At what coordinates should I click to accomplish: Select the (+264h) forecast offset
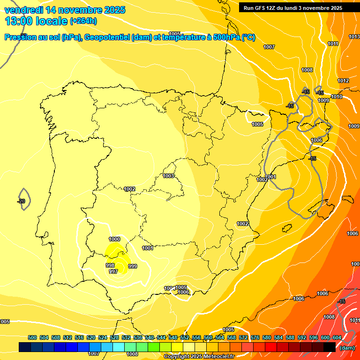coord(83,21)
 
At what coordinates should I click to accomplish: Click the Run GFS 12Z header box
coord(293,7)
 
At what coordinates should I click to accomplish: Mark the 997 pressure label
coord(113,271)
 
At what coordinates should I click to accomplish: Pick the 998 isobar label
coord(110,265)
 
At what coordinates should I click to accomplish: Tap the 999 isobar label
coord(133,266)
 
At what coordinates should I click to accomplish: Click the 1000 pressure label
coord(114,239)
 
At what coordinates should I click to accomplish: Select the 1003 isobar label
coord(168,176)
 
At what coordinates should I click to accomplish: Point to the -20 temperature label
coord(21,201)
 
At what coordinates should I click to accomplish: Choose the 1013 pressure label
coord(354,37)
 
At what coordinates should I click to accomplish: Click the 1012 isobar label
coord(343,81)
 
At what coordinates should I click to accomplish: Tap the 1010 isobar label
coord(336,97)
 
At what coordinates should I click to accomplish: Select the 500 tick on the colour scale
coord(32,337)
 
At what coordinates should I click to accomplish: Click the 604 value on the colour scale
coord(337,337)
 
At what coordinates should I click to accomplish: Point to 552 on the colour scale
coord(185,337)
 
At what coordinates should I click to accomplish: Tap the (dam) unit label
coord(346,348)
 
